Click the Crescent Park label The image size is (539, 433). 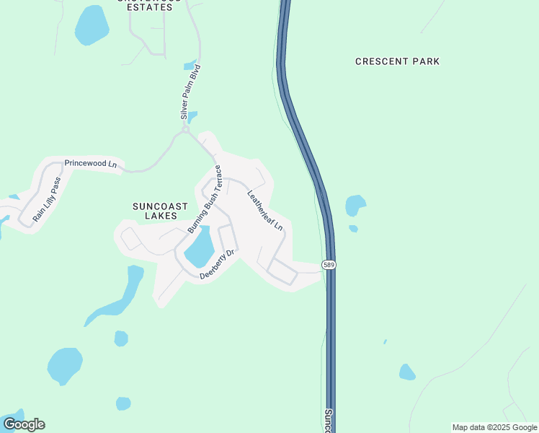pyautogui.click(x=397, y=61)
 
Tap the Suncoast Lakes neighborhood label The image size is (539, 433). pyautogui.click(x=160, y=211)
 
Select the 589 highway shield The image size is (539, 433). pyautogui.click(x=329, y=265)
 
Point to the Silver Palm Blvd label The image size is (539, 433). pyautogui.click(x=190, y=92)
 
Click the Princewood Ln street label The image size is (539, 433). pyautogui.click(x=90, y=164)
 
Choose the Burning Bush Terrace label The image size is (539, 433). pyautogui.click(x=205, y=198)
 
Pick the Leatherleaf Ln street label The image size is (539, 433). pyautogui.click(x=265, y=210)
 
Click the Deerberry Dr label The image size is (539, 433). pyautogui.click(x=218, y=264)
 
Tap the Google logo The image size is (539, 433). pyautogui.click(x=24, y=424)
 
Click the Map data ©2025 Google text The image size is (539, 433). pyautogui.click(x=494, y=427)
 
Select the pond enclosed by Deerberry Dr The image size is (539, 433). pyautogui.click(x=200, y=248)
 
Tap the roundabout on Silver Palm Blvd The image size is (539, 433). pyautogui.click(x=185, y=131)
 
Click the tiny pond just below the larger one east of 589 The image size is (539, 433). pyautogui.click(x=353, y=229)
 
